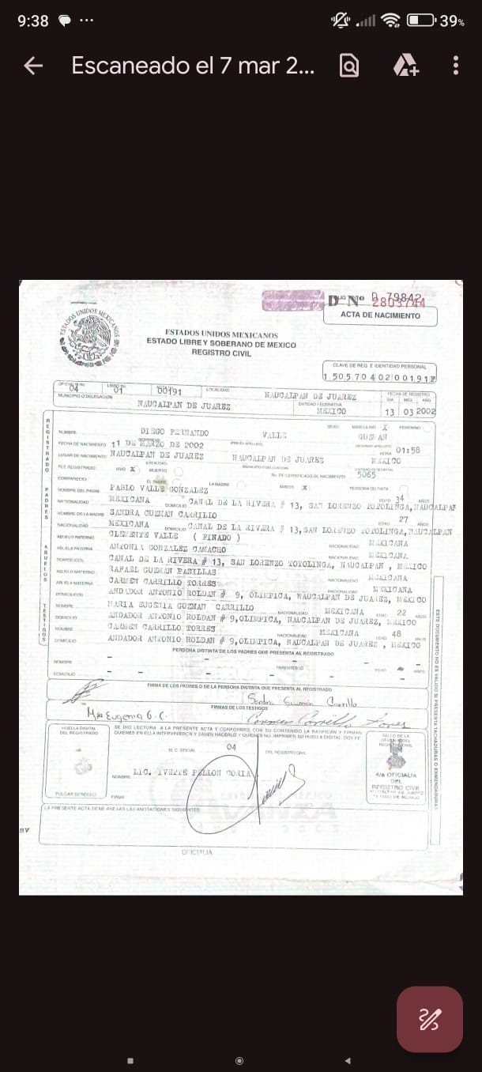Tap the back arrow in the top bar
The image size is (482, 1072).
(33, 66)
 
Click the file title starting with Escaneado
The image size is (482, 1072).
(193, 66)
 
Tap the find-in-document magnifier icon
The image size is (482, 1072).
(348, 66)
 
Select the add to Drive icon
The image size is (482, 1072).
(405, 66)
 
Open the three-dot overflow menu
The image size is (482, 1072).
(456, 66)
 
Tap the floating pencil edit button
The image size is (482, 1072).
(429, 1019)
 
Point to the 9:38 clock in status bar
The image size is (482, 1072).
(32, 21)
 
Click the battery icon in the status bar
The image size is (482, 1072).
(420, 21)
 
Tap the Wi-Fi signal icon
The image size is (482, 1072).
(390, 21)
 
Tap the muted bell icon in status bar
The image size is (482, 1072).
(341, 21)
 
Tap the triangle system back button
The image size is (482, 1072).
(348, 1060)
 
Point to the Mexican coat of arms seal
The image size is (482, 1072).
(90, 336)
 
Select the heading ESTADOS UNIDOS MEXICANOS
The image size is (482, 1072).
(221, 334)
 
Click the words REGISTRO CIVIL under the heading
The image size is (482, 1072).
(221, 353)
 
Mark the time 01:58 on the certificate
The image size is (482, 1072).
(408, 451)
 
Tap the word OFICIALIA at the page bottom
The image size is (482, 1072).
(197, 851)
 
